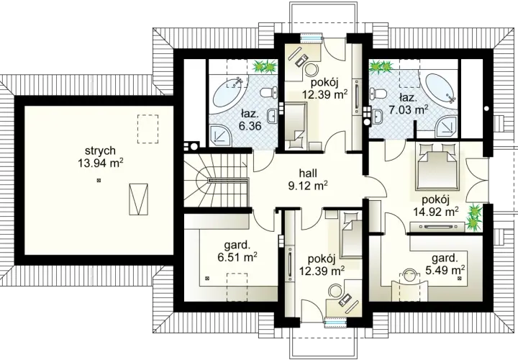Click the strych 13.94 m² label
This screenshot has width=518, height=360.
101,157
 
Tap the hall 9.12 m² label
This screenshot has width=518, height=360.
308,179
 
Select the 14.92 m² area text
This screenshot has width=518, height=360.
436,211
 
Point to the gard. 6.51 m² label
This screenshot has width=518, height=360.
237,251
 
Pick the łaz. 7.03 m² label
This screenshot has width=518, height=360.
409,104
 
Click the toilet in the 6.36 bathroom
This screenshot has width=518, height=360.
269,93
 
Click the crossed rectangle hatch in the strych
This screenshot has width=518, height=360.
138,199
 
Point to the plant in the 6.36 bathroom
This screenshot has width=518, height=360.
265,66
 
